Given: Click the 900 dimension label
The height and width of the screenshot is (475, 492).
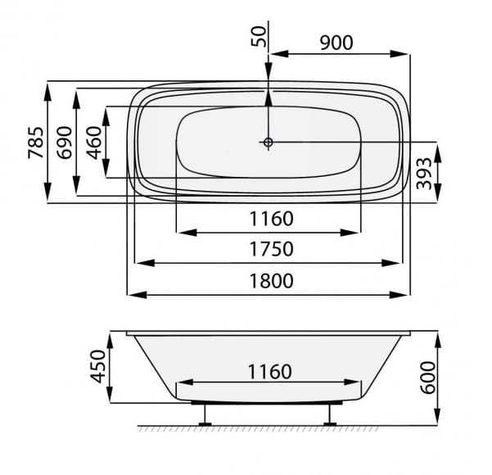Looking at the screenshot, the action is coord(336,43).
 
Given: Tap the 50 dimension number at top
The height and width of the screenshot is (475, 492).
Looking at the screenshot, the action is coord(260,36).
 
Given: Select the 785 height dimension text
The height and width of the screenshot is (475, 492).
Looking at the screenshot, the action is coord(36,142).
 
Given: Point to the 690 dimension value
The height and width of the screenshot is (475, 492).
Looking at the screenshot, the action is coord(65,142).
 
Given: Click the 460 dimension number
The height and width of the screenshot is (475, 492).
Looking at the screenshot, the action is coord(94,142).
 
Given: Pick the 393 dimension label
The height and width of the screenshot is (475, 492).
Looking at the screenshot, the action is coord(424,174).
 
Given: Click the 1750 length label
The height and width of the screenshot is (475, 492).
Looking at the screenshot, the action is coord(272,249).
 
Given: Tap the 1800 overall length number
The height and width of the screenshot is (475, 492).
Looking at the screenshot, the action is coord(272,281).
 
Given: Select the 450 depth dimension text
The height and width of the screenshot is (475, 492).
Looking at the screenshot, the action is coord(98,366).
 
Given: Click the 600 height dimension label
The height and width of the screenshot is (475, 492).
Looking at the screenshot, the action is coord(428,378).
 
